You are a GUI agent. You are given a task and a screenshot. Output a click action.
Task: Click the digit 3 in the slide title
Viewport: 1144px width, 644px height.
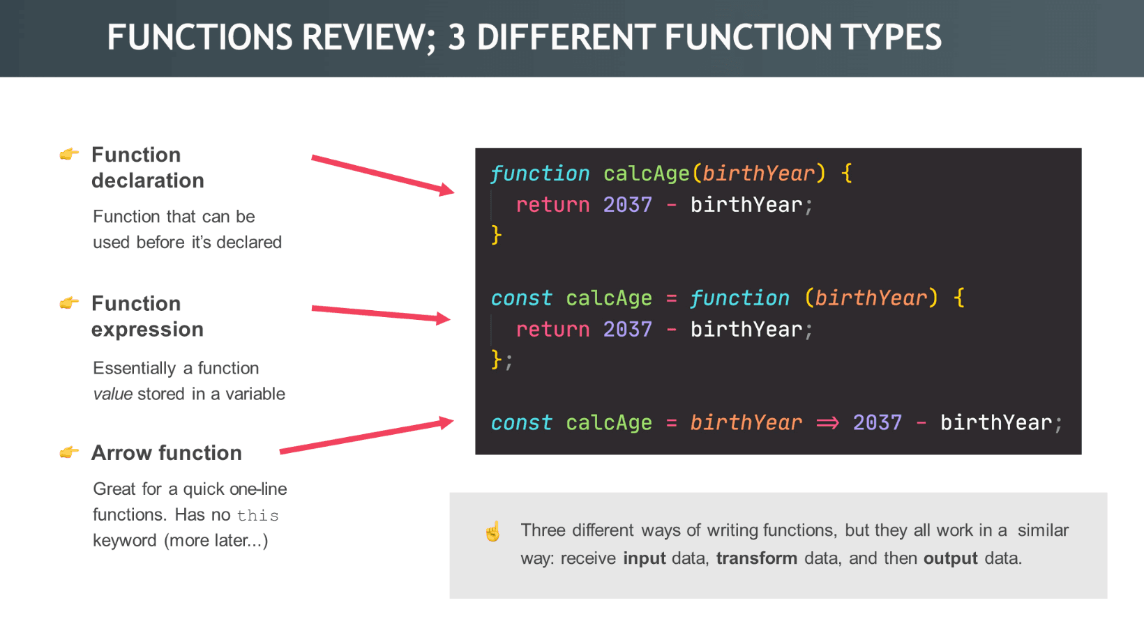click(x=457, y=37)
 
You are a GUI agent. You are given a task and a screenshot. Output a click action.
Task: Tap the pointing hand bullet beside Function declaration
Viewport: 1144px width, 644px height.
click(x=70, y=153)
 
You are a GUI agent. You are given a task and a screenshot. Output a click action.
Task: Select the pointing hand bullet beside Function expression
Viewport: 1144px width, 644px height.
click(x=70, y=302)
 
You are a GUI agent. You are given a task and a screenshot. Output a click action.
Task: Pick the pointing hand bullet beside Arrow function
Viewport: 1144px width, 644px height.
click(x=70, y=452)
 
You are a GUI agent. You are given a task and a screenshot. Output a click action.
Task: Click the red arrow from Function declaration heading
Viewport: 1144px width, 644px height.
click(x=383, y=175)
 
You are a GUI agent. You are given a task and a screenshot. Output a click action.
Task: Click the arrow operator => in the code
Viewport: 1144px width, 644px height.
click(x=827, y=423)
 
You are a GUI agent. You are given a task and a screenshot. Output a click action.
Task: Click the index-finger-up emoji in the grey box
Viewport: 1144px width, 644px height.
click(x=493, y=531)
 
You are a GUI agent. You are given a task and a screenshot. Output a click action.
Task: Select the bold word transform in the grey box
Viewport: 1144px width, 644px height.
click(x=756, y=558)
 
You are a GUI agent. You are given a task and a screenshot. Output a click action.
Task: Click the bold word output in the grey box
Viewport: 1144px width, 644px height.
click(x=951, y=559)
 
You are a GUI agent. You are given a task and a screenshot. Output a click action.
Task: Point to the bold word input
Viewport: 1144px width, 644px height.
click(x=644, y=559)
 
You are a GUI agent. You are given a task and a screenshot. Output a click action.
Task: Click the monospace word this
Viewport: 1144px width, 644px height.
click(x=258, y=515)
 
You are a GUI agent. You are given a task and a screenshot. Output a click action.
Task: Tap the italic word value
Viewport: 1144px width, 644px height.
click(x=113, y=394)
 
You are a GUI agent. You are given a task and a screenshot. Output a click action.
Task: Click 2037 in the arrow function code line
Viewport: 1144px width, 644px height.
click(x=878, y=422)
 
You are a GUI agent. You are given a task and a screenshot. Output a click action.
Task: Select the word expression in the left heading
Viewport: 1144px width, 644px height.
click(x=148, y=330)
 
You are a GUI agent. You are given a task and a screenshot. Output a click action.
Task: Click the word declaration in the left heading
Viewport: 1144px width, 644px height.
click(x=148, y=181)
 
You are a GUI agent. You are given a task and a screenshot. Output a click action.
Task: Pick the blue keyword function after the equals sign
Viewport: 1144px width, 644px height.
click(x=739, y=298)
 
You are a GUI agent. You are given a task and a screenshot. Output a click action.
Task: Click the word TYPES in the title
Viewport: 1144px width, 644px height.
click(x=891, y=37)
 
